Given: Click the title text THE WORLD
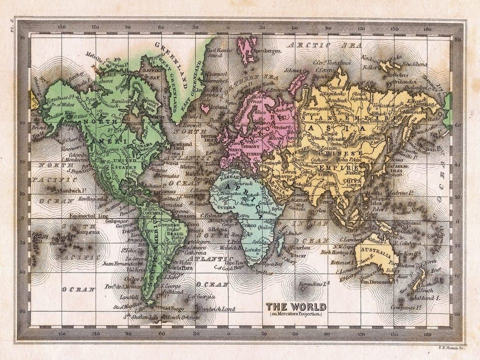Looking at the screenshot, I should point(295,306).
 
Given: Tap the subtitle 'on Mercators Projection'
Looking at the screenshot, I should point(295,314).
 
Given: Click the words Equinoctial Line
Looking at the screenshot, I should point(89,216).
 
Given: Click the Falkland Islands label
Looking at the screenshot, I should point(172,291).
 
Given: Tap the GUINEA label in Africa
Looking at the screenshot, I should point(221,204).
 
